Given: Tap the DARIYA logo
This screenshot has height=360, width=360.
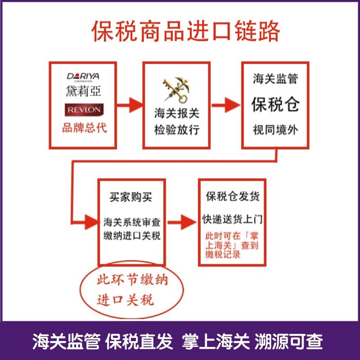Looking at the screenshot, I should click(83, 76).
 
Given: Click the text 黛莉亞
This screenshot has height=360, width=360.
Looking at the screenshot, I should click(83, 91).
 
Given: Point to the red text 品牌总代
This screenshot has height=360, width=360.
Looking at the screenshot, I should click(84, 128).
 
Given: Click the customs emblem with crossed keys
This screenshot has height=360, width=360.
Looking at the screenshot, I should click(176, 90).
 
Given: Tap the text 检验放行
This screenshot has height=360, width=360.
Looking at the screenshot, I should click(176, 131).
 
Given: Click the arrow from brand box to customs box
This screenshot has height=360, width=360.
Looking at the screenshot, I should click(129, 106).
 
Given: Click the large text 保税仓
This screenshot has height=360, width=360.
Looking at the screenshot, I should click(275, 105).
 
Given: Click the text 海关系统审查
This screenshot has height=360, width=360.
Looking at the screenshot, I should click(132, 222).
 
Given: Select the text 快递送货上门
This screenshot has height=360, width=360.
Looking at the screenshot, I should click(232, 220).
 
